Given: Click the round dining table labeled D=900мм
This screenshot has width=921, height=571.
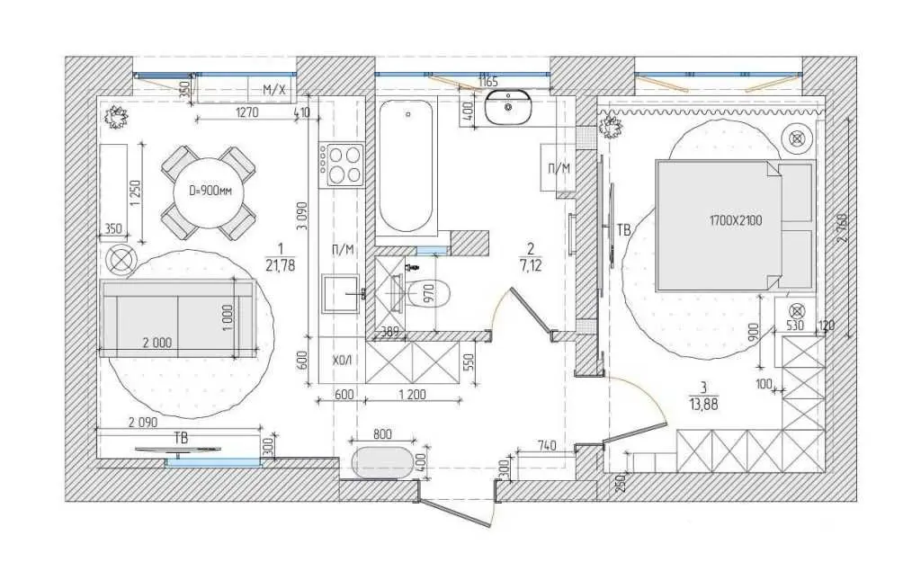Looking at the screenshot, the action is coord(208,192).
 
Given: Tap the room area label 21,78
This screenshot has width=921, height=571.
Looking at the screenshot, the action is coord(281,266).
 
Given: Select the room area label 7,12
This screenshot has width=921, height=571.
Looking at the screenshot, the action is coord(531,265).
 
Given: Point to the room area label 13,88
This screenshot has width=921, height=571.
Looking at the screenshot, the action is coord(703,405).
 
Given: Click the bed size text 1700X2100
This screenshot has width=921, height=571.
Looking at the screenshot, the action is coord(736,221).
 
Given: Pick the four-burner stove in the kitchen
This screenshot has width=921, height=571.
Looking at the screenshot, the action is coord(341,165).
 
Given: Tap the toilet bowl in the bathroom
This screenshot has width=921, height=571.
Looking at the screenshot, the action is coord(428,293).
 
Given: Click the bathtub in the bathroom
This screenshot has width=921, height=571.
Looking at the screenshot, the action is coord(407,165).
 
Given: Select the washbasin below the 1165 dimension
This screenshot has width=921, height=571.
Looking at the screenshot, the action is coord(508,108).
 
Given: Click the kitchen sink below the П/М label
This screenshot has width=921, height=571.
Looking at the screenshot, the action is coord(340,293).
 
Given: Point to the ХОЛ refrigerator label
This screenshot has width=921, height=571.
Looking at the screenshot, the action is coord(342,360).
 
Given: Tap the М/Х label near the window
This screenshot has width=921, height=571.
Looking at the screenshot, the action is coord(273,90).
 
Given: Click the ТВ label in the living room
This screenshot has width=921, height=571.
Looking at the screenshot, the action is coord(182,438).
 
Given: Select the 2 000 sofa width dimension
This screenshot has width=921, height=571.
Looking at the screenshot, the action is coord(156,343).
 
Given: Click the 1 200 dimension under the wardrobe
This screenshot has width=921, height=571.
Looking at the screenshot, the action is coord(412,395).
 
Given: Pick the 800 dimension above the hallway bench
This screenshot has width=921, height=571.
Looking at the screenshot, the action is coord(382,434).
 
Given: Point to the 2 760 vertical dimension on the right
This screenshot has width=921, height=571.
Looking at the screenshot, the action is coord(844,227).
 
